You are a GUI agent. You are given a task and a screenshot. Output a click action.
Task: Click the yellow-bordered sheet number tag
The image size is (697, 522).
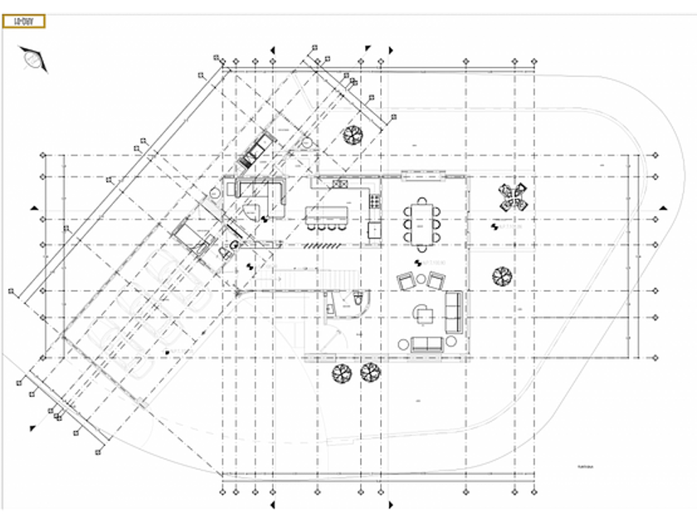point(24,22)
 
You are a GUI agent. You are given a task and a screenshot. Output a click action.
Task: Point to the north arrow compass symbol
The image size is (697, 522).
point(33,59)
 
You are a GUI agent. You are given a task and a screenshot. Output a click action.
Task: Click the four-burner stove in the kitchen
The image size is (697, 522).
point(375,200)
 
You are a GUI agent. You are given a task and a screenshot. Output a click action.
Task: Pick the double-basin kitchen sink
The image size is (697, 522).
point(340,183)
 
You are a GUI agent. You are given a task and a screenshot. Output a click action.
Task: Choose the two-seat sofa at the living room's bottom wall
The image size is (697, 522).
point(426,343)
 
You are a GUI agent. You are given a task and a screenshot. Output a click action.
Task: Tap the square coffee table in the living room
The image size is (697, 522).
point(425,313)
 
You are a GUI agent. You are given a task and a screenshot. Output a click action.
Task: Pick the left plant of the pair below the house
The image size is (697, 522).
point(340,374)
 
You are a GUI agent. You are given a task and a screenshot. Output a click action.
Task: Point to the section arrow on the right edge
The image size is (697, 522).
point(663,207)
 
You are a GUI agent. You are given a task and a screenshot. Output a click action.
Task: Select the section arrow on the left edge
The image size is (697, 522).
point(34,207)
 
